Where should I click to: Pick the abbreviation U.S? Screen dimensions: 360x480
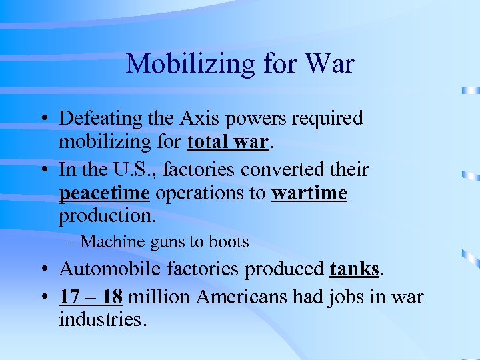pyautogui.click(x=137, y=169)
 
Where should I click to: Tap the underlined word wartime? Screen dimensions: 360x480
pyautogui.click(x=309, y=193)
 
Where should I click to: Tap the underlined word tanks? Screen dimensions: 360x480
pyautogui.click(x=354, y=269)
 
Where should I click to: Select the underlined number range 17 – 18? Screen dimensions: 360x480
pyautogui.click(x=91, y=296)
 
